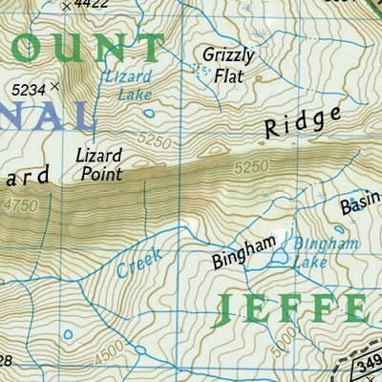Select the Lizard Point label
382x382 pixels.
99,163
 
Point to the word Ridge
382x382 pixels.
302,123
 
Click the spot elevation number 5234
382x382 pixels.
30,89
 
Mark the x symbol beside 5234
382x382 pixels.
54,87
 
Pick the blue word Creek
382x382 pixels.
139,261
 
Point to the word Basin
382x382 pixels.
358,205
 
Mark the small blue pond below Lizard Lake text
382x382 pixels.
148,113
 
